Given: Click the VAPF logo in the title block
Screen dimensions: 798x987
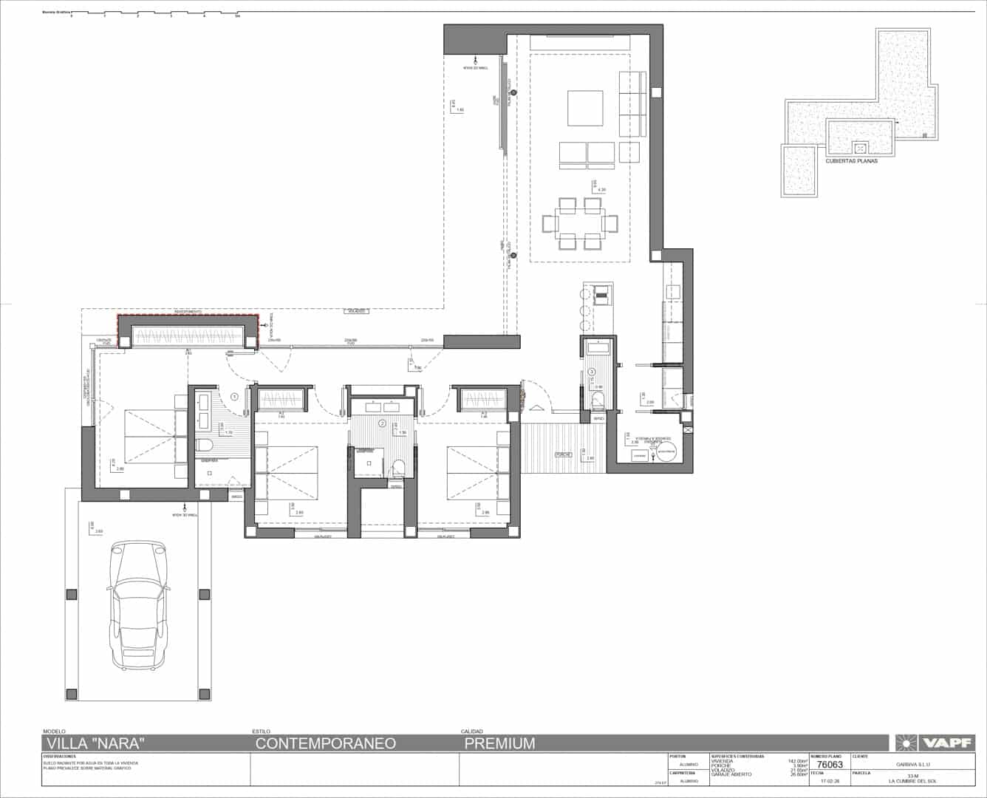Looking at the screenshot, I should tap(935, 743).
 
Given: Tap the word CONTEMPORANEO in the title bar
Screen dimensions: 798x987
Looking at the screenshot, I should tap(326, 743).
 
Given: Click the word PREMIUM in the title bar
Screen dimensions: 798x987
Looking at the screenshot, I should tap(499, 743).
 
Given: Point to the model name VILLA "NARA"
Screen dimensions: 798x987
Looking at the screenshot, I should tap(95, 743).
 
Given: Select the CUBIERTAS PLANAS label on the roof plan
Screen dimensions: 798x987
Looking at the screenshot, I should tap(852, 160).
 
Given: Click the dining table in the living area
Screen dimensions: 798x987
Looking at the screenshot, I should tap(580, 222).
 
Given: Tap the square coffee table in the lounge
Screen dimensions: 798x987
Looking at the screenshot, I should tap(585, 108).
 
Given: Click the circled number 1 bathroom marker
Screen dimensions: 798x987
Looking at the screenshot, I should tap(235, 397).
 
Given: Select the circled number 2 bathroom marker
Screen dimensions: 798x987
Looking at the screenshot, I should tap(382, 423).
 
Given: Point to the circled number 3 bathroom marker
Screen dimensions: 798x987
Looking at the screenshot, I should tap(592, 372).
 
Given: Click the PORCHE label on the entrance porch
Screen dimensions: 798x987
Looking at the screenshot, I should tap(564, 455).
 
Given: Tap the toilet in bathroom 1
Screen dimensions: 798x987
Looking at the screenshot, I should tap(204, 445).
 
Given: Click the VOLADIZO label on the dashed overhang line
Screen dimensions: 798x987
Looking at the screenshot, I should tap(357, 312).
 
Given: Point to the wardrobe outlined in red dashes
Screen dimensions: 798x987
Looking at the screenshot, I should tap(188, 331).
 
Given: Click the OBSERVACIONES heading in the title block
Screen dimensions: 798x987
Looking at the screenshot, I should tap(60, 757).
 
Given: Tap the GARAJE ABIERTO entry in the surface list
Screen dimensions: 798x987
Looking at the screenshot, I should tap(731, 774).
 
